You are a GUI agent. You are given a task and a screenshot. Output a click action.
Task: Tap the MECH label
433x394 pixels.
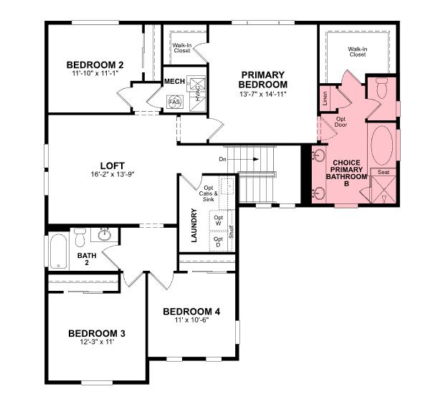(x=175, y=82)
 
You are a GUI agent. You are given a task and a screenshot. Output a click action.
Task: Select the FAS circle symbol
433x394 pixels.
(x=173, y=102)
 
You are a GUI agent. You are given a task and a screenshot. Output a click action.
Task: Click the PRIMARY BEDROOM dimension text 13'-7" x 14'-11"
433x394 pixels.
(x=262, y=94)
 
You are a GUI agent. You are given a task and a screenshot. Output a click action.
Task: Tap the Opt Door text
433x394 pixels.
(x=341, y=122)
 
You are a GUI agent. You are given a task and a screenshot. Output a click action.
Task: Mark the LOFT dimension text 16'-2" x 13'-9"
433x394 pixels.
(x=113, y=174)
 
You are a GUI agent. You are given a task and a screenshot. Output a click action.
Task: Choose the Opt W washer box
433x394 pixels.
(x=219, y=221)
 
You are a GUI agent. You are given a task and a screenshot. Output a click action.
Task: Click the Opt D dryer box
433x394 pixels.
(x=219, y=243)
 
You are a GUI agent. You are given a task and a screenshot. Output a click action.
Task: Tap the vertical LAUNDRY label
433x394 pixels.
(x=194, y=226)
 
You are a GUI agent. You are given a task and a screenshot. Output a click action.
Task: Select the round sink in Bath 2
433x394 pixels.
(x=105, y=234)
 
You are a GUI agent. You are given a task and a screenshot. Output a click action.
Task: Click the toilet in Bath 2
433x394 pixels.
(x=81, y=235)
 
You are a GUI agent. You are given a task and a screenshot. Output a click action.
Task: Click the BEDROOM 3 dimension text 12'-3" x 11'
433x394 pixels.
(x=97, y=343)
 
